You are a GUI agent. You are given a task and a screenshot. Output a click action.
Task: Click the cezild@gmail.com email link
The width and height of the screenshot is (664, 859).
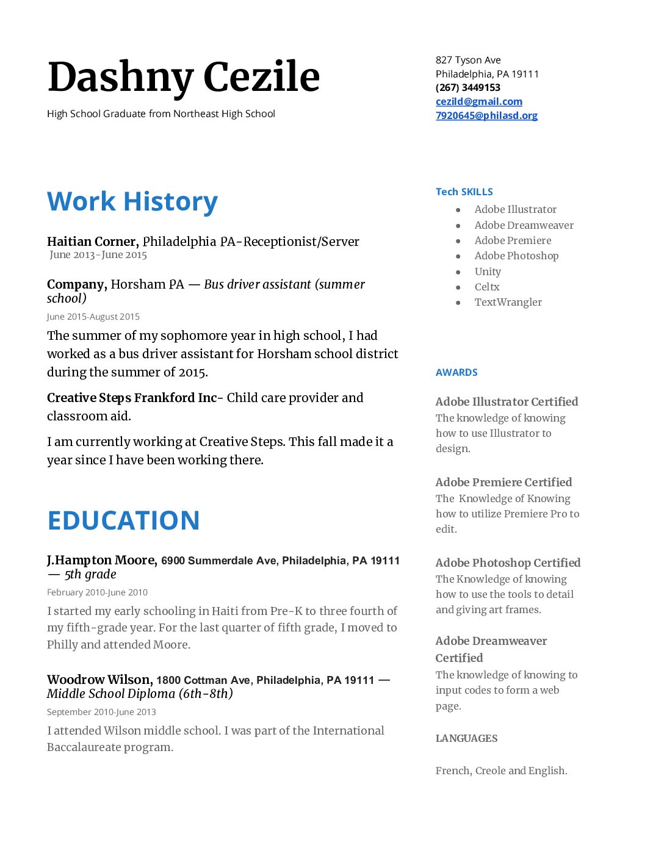tap(478, 101)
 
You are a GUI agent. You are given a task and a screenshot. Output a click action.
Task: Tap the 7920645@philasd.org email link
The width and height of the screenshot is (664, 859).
tap(486, 115)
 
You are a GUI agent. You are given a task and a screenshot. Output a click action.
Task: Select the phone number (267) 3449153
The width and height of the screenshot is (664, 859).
tap(467, 87)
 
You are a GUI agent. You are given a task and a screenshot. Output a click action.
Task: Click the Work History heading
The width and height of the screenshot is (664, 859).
tap(132, 201)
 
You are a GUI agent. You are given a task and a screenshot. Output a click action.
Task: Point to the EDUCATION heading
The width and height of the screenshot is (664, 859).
tap(123, 520)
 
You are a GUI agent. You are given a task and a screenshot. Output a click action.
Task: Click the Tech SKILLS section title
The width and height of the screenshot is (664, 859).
tap(464, 192)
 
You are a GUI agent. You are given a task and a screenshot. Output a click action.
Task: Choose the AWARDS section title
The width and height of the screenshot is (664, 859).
tap(457, 372)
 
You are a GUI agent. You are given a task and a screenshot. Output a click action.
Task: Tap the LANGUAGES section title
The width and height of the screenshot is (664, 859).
tap(466, 738)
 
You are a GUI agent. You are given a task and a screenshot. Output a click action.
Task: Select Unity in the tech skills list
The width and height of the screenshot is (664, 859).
tap(488, 271)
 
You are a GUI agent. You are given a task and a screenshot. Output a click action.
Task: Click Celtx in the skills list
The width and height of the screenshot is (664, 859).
tap(487, 287)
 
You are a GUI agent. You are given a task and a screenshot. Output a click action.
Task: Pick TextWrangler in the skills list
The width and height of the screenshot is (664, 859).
tap(508, 302)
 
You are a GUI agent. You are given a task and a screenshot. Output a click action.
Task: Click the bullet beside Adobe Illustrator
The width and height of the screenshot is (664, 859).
tap(458, 210)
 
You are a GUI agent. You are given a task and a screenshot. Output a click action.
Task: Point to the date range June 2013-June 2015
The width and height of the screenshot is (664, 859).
tap(98, 255)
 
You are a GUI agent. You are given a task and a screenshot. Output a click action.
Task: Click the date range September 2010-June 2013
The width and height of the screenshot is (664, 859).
tap(101, 712)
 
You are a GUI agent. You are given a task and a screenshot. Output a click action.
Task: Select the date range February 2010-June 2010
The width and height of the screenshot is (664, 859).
tap(97, 592)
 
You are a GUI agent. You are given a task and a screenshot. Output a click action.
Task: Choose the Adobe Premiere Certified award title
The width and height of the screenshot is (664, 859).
tap(503, 482)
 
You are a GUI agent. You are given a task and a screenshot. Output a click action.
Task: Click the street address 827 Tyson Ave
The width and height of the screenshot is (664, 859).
tap(468, 60)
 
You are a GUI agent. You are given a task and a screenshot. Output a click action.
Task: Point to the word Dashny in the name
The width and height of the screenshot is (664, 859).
tap(120, 77)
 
